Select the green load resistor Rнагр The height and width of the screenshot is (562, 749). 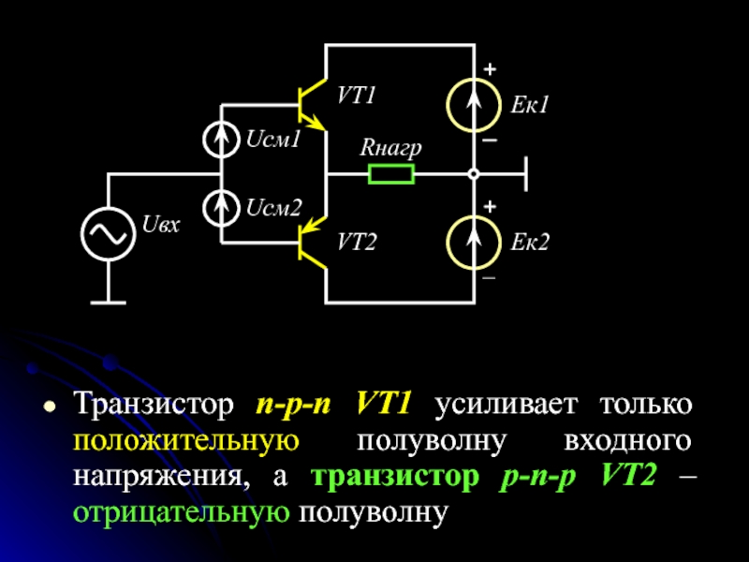tap(391, 174)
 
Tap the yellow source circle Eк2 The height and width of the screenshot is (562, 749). tap(474, 243)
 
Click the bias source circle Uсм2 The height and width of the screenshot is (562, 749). tap(222, 207)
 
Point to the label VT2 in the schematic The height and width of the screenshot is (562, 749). tap(356, 244)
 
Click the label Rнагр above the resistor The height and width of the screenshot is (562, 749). tap(390, 148)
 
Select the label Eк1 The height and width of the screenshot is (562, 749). tap(529, 106)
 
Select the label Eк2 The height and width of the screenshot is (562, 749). tap(529, 244)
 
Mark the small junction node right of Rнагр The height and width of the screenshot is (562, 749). tap(474, 174)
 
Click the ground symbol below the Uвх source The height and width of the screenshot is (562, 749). tap(109, 302)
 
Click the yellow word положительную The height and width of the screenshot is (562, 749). tap(185, 441)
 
